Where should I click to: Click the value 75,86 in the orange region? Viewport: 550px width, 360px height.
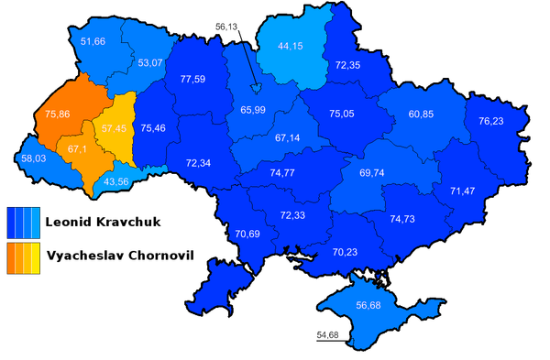(56, 115)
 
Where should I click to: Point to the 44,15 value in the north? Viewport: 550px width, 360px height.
(278, 47)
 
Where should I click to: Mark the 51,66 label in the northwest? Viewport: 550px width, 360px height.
(93, 42)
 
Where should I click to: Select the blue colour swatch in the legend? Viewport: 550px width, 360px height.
(25, 222)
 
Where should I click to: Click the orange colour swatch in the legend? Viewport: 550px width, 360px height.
(25, 258)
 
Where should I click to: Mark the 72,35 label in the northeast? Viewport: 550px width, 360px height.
(348, 66)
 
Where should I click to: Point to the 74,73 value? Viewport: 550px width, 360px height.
(408, 219)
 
